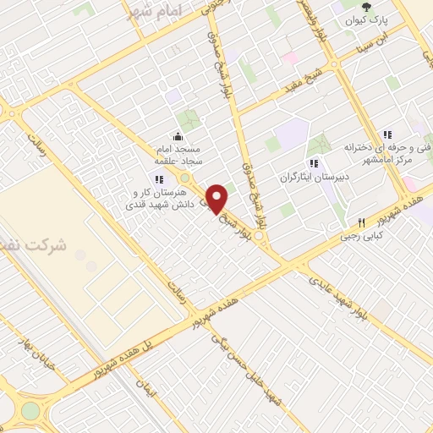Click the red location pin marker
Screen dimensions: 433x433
pyautogui.click(x=216, y=199)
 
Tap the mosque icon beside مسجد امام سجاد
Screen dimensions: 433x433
pyautogui.click(x=178, y=136)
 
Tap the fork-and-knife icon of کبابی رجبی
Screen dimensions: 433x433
pyautogui.click(x=361, y=223)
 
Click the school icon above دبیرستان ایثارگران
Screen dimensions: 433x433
pyautogui.click(x=314, y=164)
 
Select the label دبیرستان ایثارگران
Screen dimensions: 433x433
pyautogui.click(x=313, y=178)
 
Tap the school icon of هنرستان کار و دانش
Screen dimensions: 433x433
pyautogui.click(x=159, y=178)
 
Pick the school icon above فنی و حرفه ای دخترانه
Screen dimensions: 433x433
pyautogui.click(x=387, y=134)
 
